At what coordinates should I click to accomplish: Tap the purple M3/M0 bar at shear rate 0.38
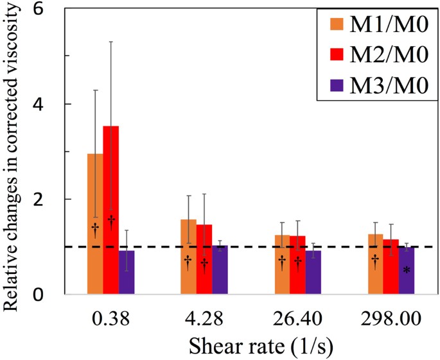[x=127, y=273]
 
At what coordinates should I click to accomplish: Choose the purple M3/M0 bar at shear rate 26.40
[x=313, y=273]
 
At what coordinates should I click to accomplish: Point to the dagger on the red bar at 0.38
[x=110, y=222]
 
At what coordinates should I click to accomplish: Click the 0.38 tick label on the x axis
[x=111, y=319]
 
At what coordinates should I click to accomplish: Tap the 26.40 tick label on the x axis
[x=298, y=319]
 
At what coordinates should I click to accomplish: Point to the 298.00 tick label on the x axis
[x=391, y=319]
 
